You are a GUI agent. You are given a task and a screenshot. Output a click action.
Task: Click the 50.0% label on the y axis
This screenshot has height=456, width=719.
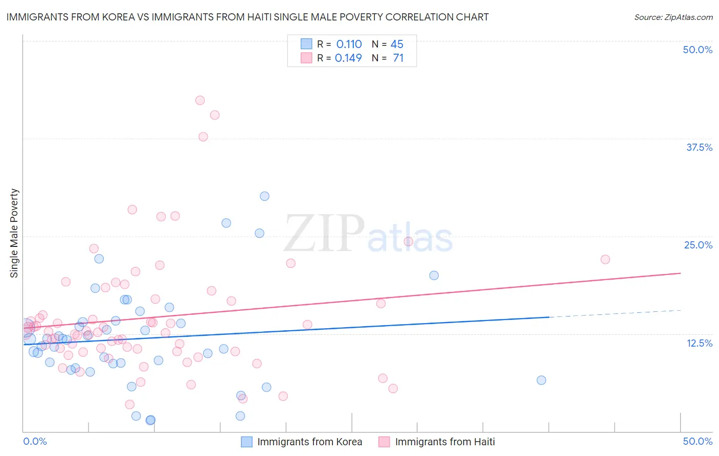[x=698, y=50]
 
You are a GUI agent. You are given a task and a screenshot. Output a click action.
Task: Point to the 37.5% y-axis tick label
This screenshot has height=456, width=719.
[x=699, y=147]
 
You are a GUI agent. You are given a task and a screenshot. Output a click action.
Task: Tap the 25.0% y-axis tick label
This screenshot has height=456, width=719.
[x=698, y=245]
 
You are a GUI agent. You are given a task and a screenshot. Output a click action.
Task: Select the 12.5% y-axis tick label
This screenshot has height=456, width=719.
[x=699, y=343]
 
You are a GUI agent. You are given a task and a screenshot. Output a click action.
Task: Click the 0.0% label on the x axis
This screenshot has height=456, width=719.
[x=35, y=441]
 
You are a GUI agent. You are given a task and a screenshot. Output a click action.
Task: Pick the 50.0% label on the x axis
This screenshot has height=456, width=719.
[x=698, y=441]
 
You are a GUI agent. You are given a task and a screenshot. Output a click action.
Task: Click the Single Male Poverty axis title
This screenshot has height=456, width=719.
[x=14, y=233]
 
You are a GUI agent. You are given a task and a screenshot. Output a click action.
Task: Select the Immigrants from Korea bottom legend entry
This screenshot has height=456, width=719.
[x=309, y=442]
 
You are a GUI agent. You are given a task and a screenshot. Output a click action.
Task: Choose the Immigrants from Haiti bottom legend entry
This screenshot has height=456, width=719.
[x=445, y=442]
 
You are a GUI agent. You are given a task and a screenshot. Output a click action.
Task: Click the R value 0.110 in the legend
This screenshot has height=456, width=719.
[x=349, y=44]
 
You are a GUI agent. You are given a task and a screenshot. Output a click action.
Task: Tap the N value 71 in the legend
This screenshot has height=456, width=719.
[x=398, y=58]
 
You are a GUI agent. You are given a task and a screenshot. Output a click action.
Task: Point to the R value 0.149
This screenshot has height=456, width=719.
[x=348, y=58]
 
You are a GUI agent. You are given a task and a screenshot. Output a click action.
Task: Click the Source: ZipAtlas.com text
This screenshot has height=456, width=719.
[x=673, y=17]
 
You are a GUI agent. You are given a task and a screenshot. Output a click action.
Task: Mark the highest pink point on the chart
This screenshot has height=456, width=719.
[x=200, y=100]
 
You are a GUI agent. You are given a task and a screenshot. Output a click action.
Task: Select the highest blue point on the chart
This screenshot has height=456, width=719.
[x=264, y=196]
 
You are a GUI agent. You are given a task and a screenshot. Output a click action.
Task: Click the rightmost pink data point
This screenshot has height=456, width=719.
[x=605, y=259]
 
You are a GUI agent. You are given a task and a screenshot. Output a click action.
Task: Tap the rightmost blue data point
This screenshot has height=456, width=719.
[x=541, y=380]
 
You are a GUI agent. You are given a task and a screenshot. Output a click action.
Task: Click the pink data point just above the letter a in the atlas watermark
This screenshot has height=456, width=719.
[x=408, y=241]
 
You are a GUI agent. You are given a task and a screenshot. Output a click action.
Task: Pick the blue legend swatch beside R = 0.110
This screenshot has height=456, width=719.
[x=306, y=44]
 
